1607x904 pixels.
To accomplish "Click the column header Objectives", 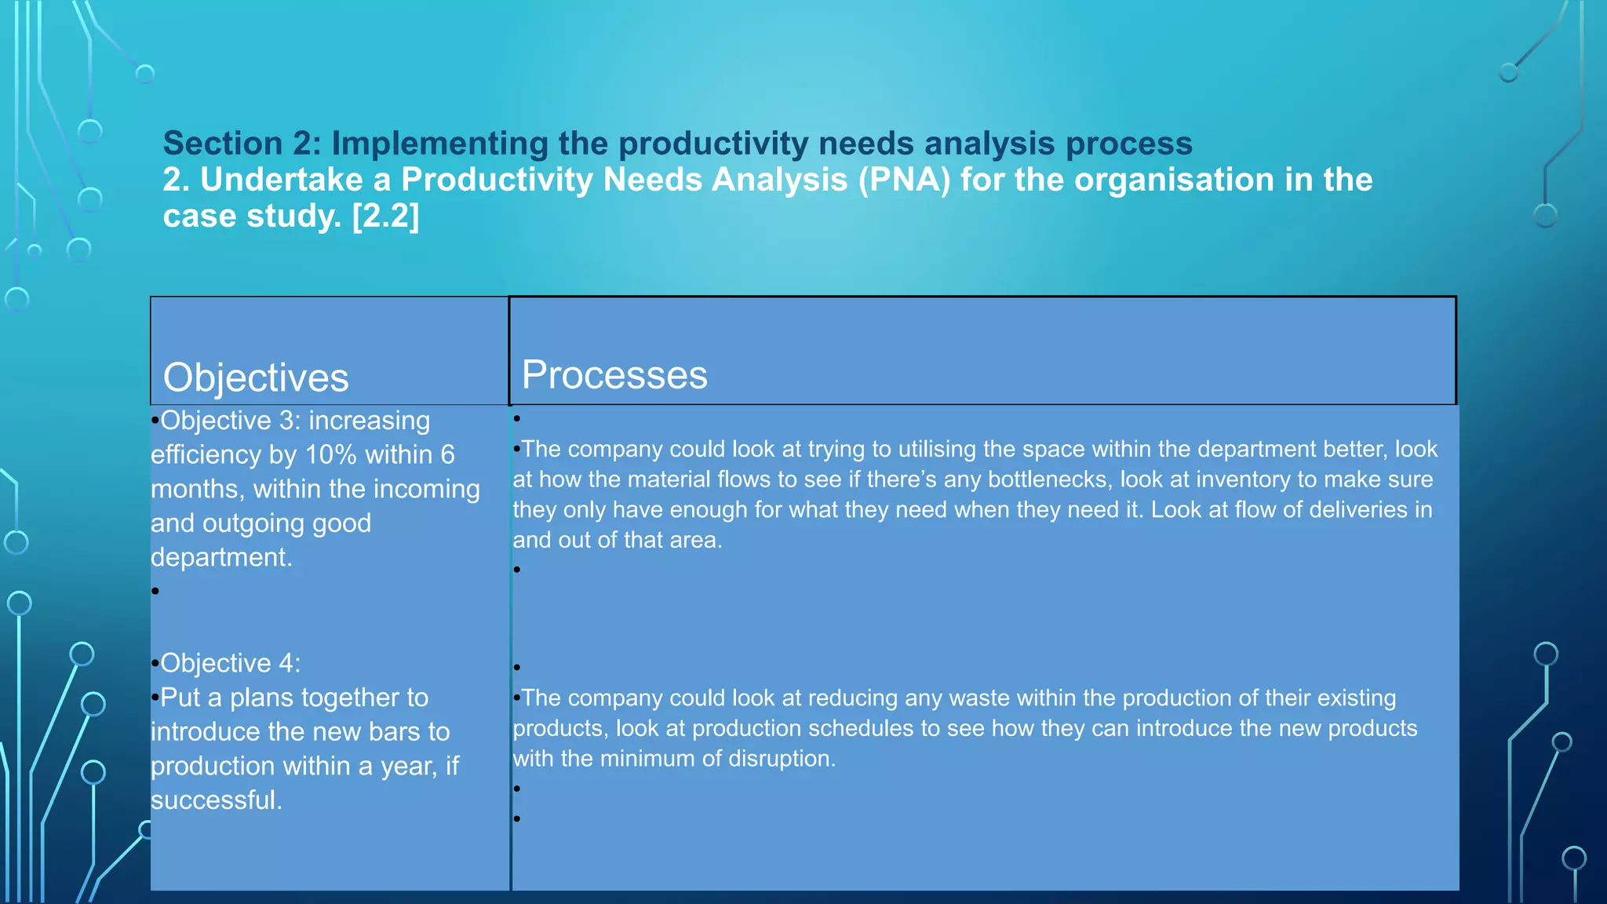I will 255,378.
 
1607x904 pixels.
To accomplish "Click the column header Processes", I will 614,375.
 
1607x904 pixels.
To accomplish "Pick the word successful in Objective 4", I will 216,800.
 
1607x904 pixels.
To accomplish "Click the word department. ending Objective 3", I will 221,557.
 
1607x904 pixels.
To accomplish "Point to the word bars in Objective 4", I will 394,731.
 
